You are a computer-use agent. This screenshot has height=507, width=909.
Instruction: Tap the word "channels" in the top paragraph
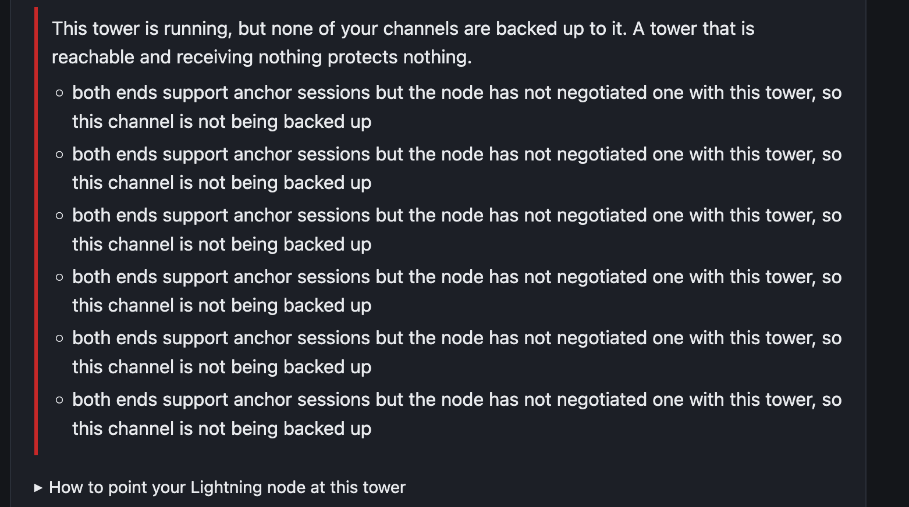(x=420, y=29)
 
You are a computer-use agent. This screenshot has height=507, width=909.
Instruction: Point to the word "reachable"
(x=93, y=57)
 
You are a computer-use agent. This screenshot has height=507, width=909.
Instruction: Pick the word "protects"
(x=362, y=58)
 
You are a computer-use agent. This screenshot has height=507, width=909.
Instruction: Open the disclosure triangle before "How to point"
(x=38, y=488)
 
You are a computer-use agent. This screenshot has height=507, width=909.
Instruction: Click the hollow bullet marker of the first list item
(x=60, y=93)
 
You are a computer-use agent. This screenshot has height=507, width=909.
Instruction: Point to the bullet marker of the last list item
(x=60, y=400)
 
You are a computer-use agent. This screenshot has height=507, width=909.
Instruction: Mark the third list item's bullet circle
(x=60, y=216)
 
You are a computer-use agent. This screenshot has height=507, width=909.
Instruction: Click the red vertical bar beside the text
(x=36, y=231)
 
